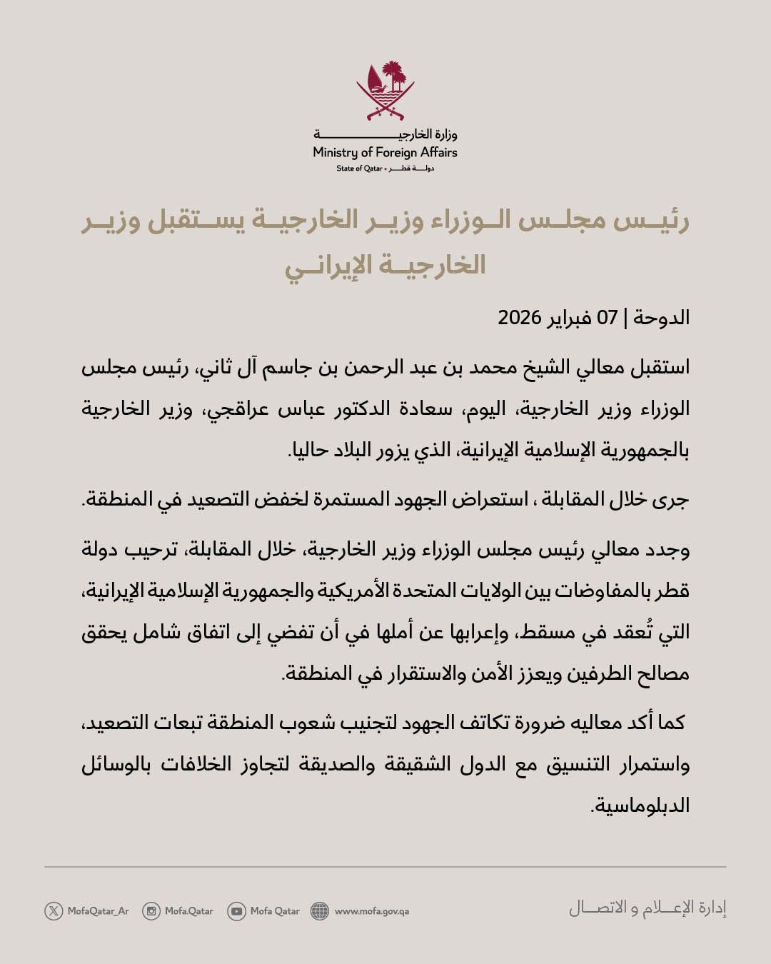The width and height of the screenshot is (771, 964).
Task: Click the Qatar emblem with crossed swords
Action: pos(385,91)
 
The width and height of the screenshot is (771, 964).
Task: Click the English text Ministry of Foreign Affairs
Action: pos(385,152)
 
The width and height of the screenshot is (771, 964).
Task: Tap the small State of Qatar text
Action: pos(359,169)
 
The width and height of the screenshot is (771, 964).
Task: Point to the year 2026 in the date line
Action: pos(520,317)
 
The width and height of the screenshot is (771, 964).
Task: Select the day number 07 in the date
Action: pos(607,317)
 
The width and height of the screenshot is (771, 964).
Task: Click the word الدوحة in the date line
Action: pos(662,317)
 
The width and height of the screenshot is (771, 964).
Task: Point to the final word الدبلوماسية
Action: pos(641,806)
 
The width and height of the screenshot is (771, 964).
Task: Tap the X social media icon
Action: pos(54,910)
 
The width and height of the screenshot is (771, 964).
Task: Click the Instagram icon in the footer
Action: pos(151,910)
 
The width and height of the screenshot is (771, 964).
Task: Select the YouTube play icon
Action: pos(236,910)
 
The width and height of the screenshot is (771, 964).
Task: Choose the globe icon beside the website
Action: pos(320,910)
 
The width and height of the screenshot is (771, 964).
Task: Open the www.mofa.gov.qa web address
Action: pos(371,911)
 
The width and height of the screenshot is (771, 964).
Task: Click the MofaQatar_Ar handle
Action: pos(98,911)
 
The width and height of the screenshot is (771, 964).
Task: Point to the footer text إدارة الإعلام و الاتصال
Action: pos(647,908)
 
